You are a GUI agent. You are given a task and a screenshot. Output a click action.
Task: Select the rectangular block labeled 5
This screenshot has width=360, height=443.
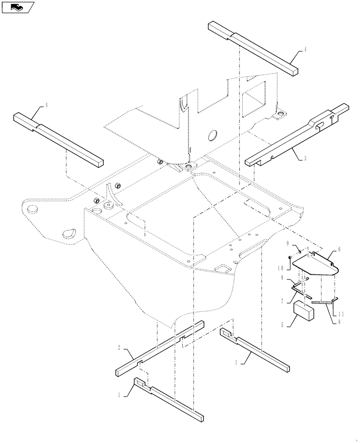tap(304, 309)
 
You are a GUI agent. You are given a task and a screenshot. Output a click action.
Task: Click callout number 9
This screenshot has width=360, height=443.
tap(288, 243)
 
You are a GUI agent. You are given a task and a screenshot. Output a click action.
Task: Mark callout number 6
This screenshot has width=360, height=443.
tap(339, 249)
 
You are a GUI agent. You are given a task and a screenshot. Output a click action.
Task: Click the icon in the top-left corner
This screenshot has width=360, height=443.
tap(16, 7)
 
